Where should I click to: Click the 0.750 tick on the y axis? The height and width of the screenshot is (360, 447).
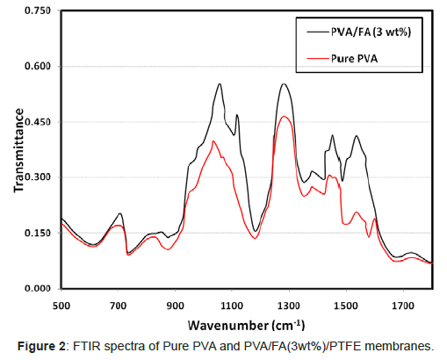click(x=38, y=11)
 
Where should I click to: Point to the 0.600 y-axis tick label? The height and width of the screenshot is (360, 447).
click(x=38, y=66)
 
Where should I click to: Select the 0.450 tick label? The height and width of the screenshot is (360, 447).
click(x=38, y=122)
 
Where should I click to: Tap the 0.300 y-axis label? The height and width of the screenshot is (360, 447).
click(x=38, y=177)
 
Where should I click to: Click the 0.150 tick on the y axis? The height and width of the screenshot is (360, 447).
click(x=38, y=233)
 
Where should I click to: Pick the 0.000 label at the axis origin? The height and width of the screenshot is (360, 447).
click(x=38, y=288)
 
